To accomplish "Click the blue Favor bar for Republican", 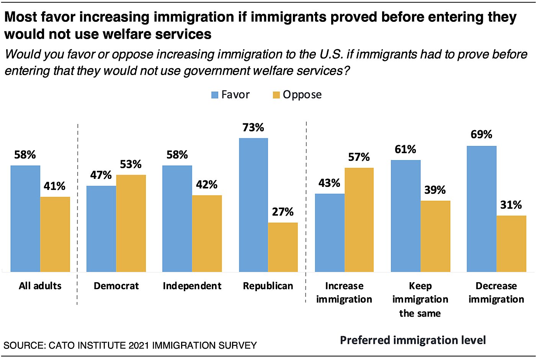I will (253, 205).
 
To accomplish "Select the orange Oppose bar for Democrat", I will (131, 223).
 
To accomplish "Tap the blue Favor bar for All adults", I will (25, 219).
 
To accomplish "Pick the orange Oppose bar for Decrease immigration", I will (511, 244).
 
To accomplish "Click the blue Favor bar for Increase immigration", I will (330, 233).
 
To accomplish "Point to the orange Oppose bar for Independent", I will (207, 234).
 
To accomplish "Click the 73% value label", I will (253, 128).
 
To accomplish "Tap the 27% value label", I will (283, 212).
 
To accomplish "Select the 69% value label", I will (481, 134).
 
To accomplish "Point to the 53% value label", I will (131, 164).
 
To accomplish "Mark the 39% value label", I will (435, 190).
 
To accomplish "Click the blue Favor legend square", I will (215, 95).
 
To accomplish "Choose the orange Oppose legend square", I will (276, 95).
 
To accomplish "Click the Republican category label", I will (268, 286).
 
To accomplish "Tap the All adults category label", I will (40, 286).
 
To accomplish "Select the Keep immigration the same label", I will (420, 299).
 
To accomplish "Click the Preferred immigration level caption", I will (413, 340).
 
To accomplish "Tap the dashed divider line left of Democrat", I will (78, 214).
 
